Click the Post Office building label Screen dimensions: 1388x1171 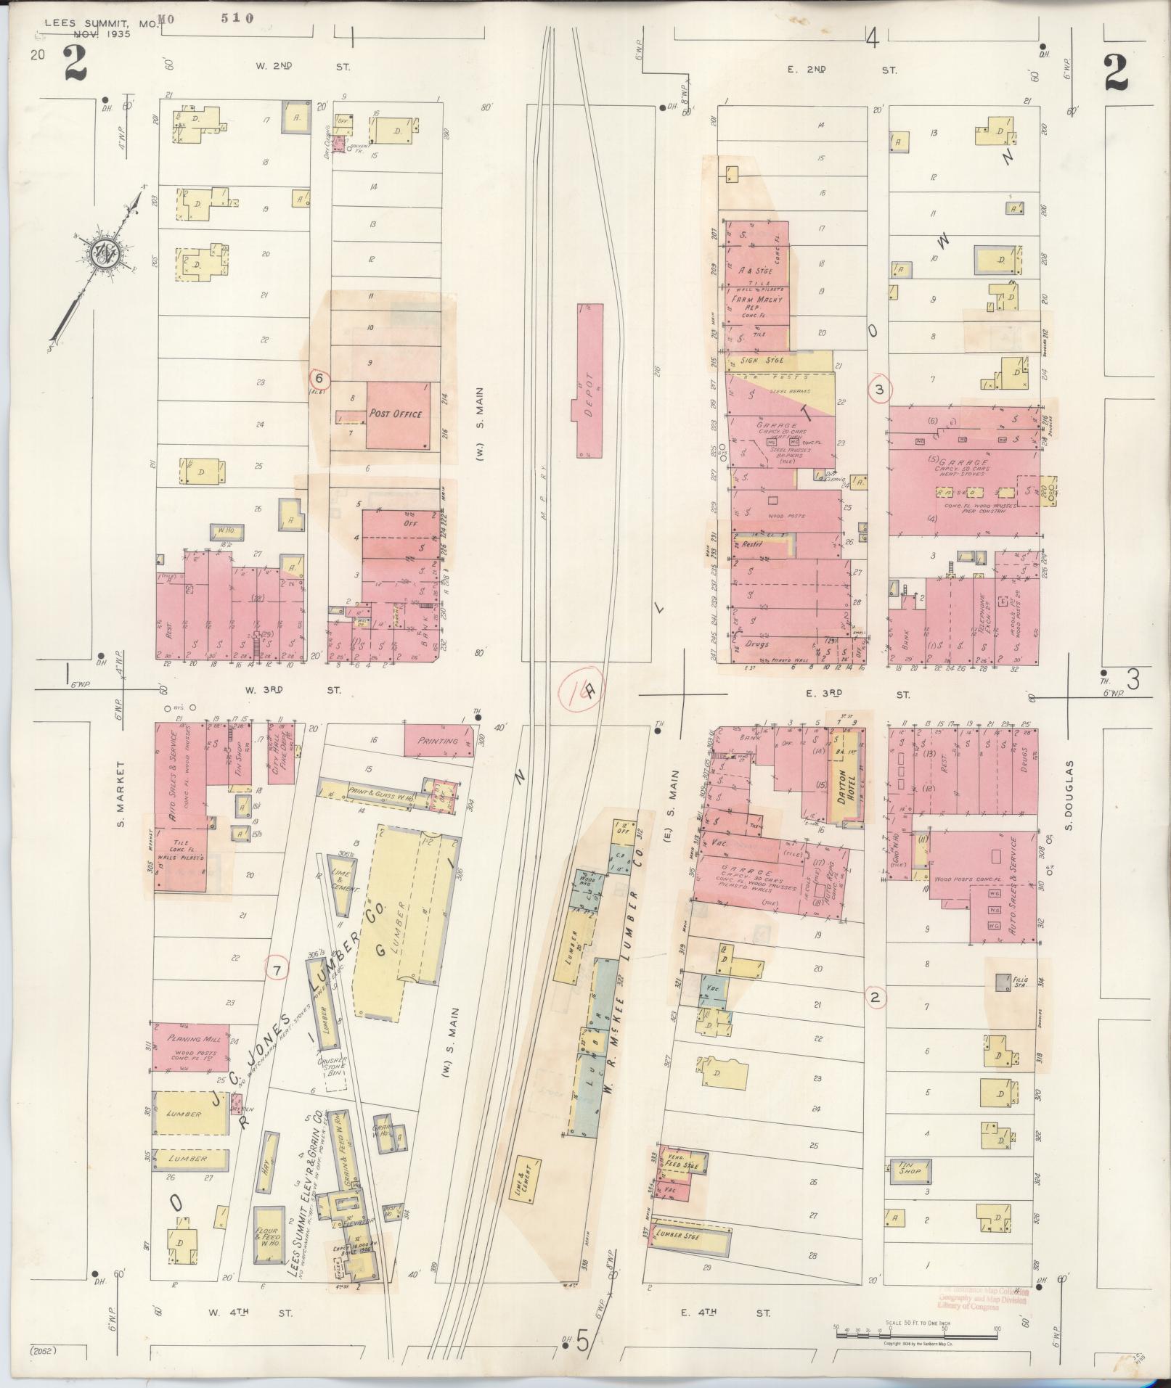pyautogui.click(x=396, y=414)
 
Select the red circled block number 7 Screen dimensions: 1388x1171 pyautogui.click(x=276, y=969)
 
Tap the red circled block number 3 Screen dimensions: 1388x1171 pyautogui.click(x=880, y=390)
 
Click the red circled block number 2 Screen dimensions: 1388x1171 pyautogui.click(x=875, y=998)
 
